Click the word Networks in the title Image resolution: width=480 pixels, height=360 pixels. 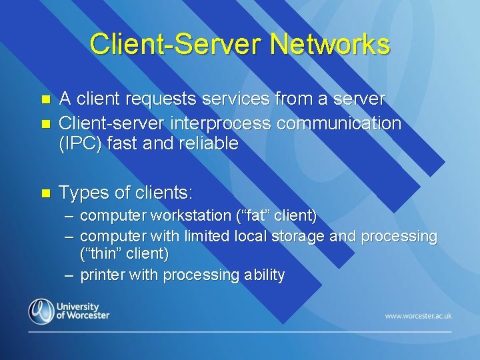pyautogui.click(x=330, y=45)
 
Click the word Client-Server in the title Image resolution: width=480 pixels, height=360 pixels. pyautogui.click(x=175, y=45)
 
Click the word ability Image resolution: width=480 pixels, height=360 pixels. pyautogui.click(x=265, y=275)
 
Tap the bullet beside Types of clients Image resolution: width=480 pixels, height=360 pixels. pyautogui.click(x=46, y=194)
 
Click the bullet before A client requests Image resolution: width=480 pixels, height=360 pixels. pyautogui.click(x=46, y=100)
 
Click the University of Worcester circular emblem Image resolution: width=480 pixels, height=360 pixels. pyautogui.click(x=41, y=311)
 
